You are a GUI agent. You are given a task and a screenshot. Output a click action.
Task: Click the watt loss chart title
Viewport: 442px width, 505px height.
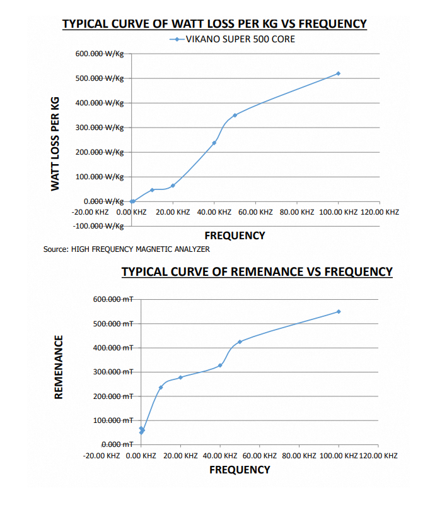(214, 24)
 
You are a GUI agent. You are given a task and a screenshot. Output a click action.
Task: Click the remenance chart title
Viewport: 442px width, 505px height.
(257, 272)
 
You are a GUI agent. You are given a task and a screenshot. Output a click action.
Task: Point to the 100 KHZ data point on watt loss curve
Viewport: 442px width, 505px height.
(338, 74)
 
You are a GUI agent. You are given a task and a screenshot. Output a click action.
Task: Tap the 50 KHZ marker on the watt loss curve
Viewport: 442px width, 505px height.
(235, 115)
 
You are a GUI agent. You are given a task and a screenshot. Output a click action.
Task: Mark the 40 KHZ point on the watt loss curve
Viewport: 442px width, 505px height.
(214, 143)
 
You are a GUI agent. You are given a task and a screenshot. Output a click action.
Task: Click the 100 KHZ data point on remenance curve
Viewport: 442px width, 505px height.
(339, 311)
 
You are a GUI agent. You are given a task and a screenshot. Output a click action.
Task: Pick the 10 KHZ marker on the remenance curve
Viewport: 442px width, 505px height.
(161, 388)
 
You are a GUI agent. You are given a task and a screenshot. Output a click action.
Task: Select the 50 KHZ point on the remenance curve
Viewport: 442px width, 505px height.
(240, 342)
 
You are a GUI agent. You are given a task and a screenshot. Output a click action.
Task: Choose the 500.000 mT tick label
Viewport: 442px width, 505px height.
(113, 324)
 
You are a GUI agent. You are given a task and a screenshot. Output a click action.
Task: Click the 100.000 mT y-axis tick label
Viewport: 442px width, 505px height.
(113, 420)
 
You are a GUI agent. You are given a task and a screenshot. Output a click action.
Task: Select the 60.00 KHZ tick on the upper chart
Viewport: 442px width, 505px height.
(255, 212)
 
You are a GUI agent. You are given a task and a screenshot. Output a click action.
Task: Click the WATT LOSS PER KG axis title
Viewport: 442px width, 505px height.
(55, 144)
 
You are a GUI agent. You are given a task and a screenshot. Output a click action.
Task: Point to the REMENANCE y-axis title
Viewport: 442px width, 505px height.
(59, 367)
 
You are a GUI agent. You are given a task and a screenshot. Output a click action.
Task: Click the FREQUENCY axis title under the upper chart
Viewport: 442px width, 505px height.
(235, 235)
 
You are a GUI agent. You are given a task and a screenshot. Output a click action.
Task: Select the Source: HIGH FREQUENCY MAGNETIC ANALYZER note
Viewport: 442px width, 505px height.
(126, 249)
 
